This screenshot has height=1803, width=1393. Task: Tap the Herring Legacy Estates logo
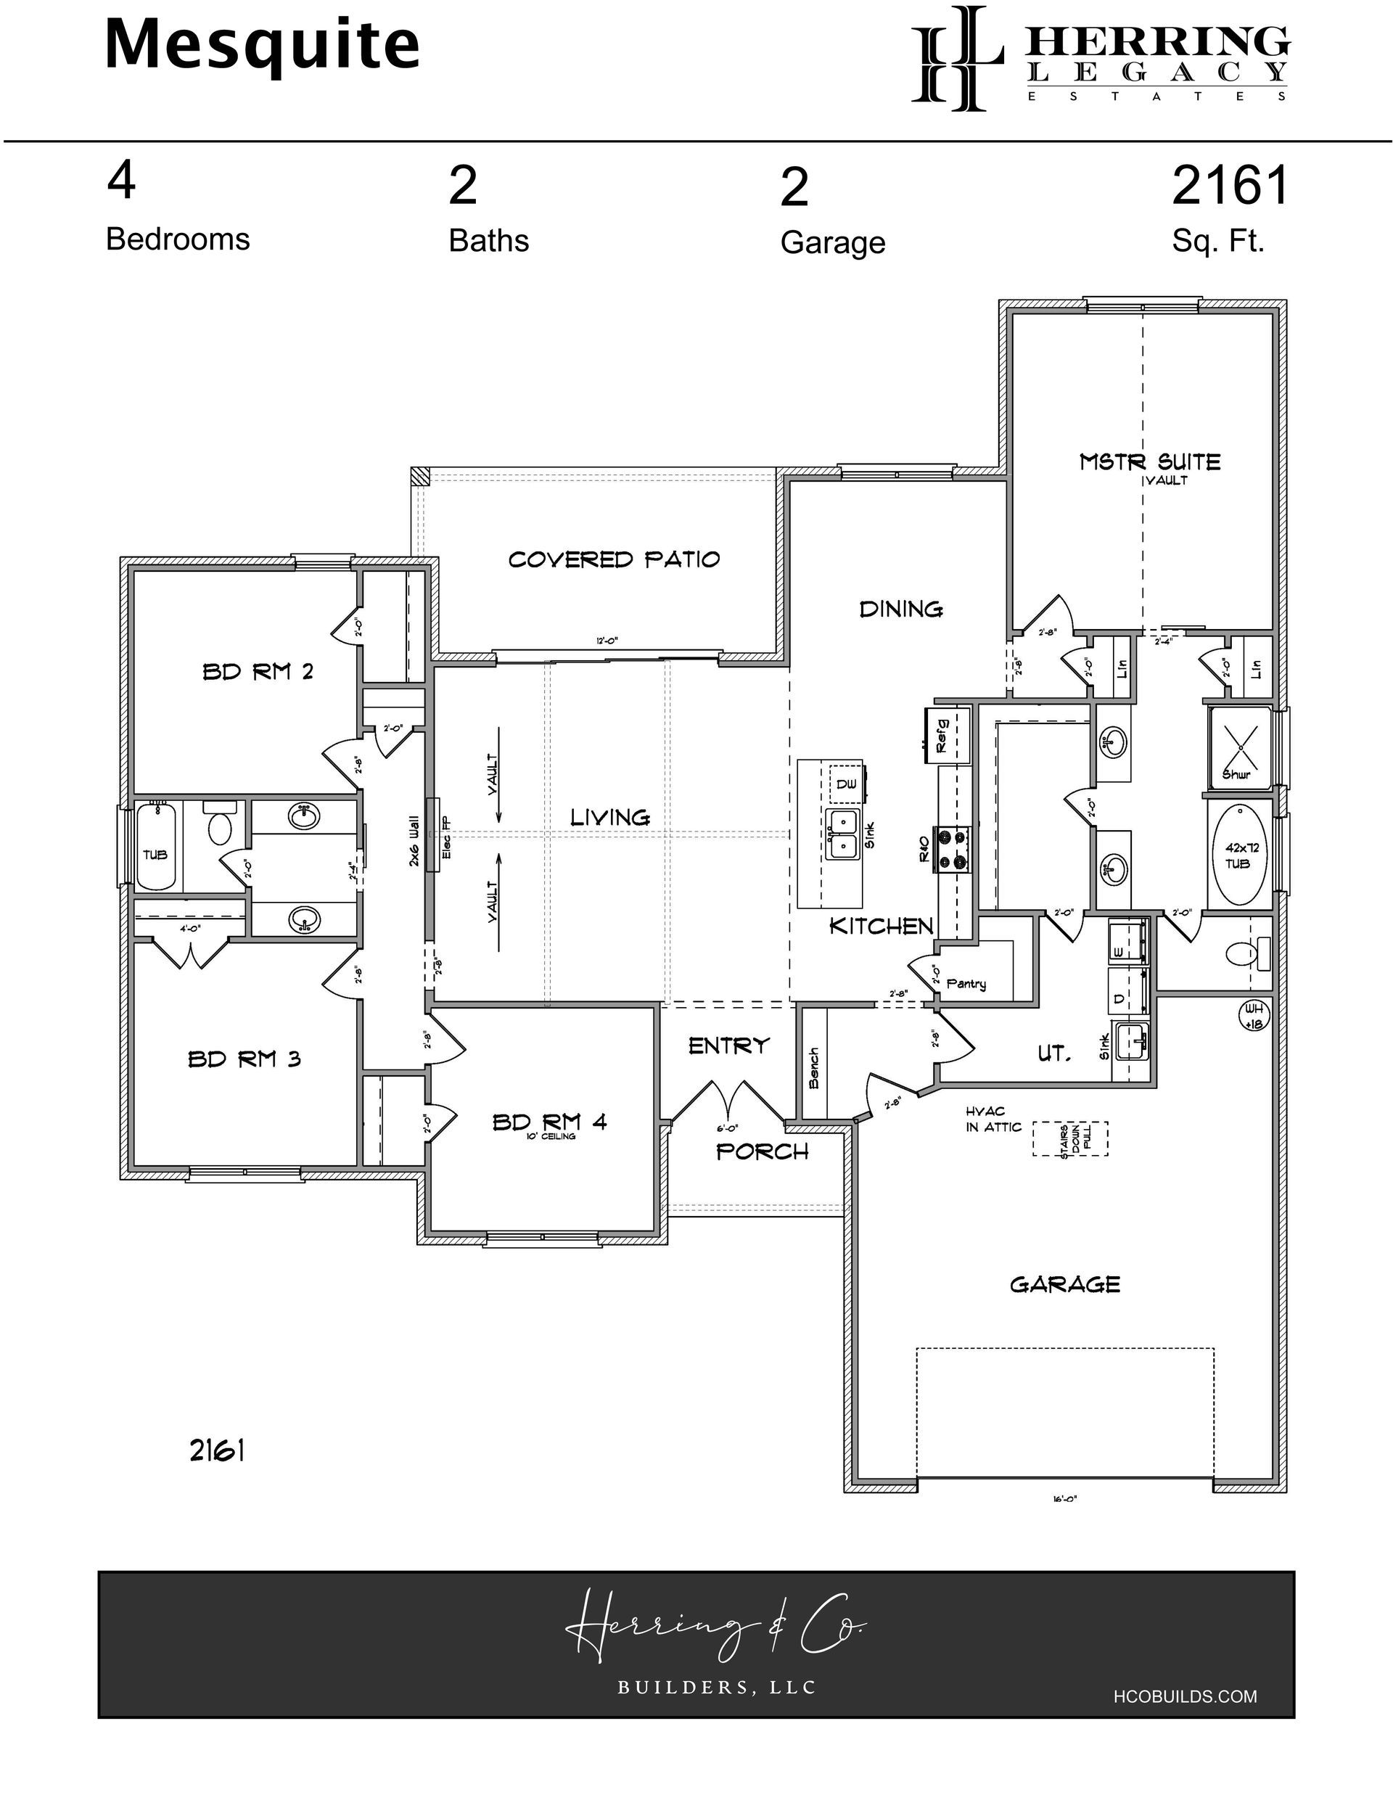pyautogui.click(x=1100, y=58)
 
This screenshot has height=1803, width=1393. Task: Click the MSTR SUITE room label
pyautogui.click(x=1149, y=461)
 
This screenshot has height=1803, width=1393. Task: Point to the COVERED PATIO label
pyautogui.click(x=614, y=559)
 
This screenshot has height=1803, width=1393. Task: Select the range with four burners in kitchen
pyautogui.click(x=952, y=849)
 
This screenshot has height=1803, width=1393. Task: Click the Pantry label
pyautogui.click(x=966, y=983)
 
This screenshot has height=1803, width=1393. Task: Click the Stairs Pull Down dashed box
pyautogui.click(x=1069, y=1138)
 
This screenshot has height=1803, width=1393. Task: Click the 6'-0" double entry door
pyautogui.click(x=728, y=1102)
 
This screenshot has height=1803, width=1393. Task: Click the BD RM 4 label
pyautogui.click(x=549, y=1122)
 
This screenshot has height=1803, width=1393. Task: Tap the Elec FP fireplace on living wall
pyautogui.click(x=432, y=834)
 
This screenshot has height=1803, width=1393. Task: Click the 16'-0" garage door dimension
pyautogui.click(x=1064, y=1499)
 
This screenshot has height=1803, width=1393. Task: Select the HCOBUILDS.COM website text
pyautogui.click(x=1185, y=1696)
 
